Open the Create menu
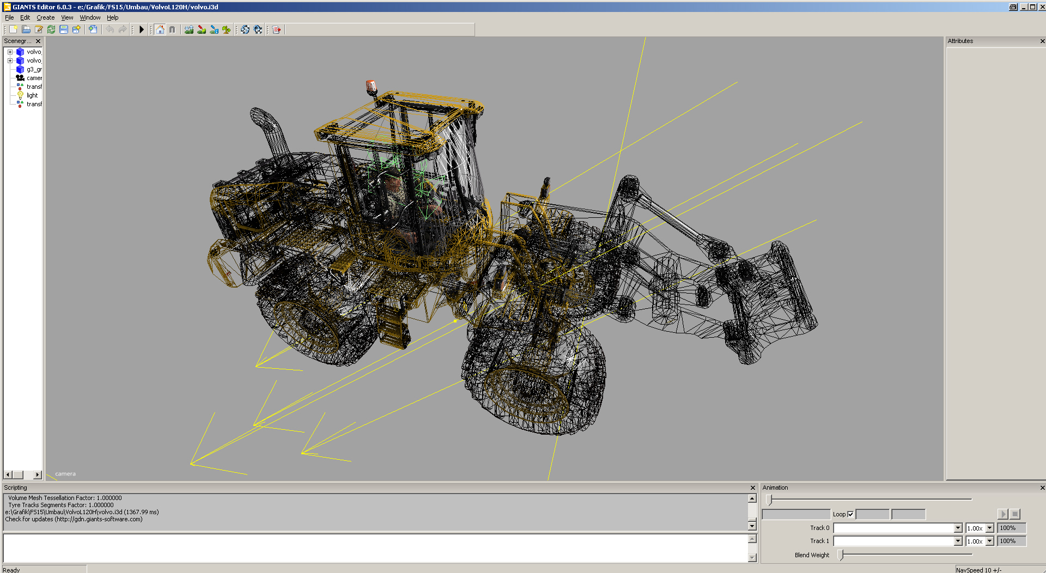coord(45,17)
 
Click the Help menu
coord(112,17)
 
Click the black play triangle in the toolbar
coord(142,29)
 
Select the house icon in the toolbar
coord(160,29)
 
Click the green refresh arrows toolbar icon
coord(51,29)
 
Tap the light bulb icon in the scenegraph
coord(20,95)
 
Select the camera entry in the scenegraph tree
coord(34,78)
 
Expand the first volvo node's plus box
coord(10,52)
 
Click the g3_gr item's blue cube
coord(20,69)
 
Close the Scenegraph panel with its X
coord(38,41)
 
